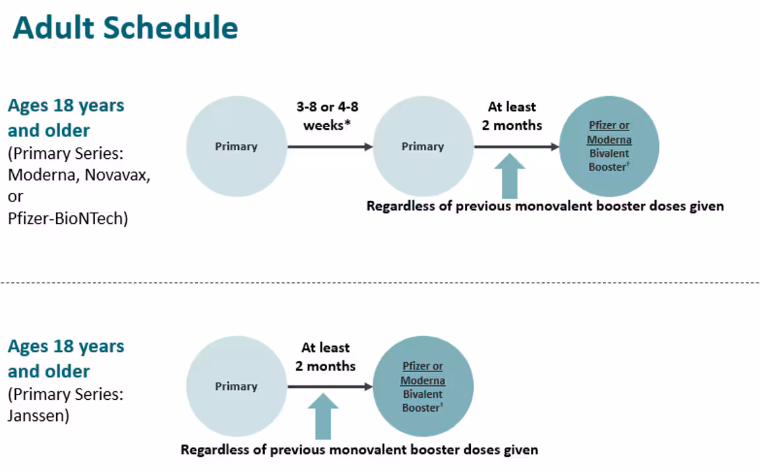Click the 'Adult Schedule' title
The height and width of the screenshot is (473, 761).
tap(125, 28)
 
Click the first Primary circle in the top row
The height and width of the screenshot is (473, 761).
tap(236, 146)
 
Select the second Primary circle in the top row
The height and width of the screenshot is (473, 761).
tap(423, 146)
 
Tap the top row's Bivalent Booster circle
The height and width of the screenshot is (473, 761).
tap(609, 146)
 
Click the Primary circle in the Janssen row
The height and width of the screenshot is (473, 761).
tap(236, 386)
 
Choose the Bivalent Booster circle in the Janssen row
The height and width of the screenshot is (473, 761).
tap(423, 386)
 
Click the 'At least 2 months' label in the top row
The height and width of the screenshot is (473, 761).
tap(512, 115)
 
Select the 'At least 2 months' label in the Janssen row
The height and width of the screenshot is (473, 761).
tap(325, 356)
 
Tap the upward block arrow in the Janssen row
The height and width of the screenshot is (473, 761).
tap(322, 416)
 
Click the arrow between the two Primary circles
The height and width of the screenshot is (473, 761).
tap(330, 146)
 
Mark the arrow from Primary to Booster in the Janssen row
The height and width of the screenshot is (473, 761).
tap(330, 387)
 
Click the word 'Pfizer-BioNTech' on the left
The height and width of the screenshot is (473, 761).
tap(68, 218)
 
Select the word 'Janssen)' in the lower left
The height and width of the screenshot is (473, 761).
tap(38, 416)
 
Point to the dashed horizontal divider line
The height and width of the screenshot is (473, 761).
tap(380, 283)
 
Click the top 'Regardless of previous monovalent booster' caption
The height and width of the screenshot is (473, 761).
tap(545, 206)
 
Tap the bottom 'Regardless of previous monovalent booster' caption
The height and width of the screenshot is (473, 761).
tap(359, 450)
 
